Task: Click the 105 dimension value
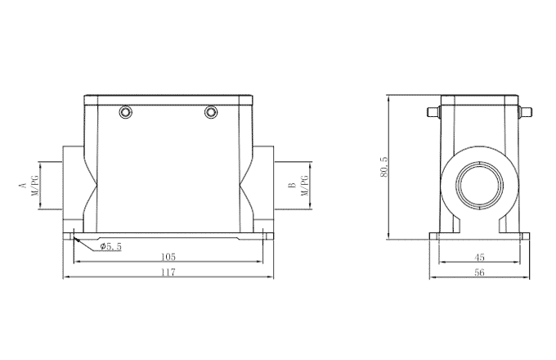(x=168, y=256)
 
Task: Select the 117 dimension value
(x=168, y=272)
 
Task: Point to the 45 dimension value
(x=479, y=256)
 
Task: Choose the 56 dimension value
(x=479, y=272)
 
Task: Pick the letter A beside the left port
(x=22, y=186)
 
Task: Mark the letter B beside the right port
(x=292, y=186)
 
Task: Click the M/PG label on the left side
(x=34, y=186)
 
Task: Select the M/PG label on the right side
(x=304, y=186)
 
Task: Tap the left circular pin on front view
(x=125, y=111)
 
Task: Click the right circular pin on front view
(x=212, y=111)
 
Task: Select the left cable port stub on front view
(x=72, y=184)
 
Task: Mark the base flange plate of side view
(x=479, y=237)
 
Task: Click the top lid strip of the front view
(x=168, y=99)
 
